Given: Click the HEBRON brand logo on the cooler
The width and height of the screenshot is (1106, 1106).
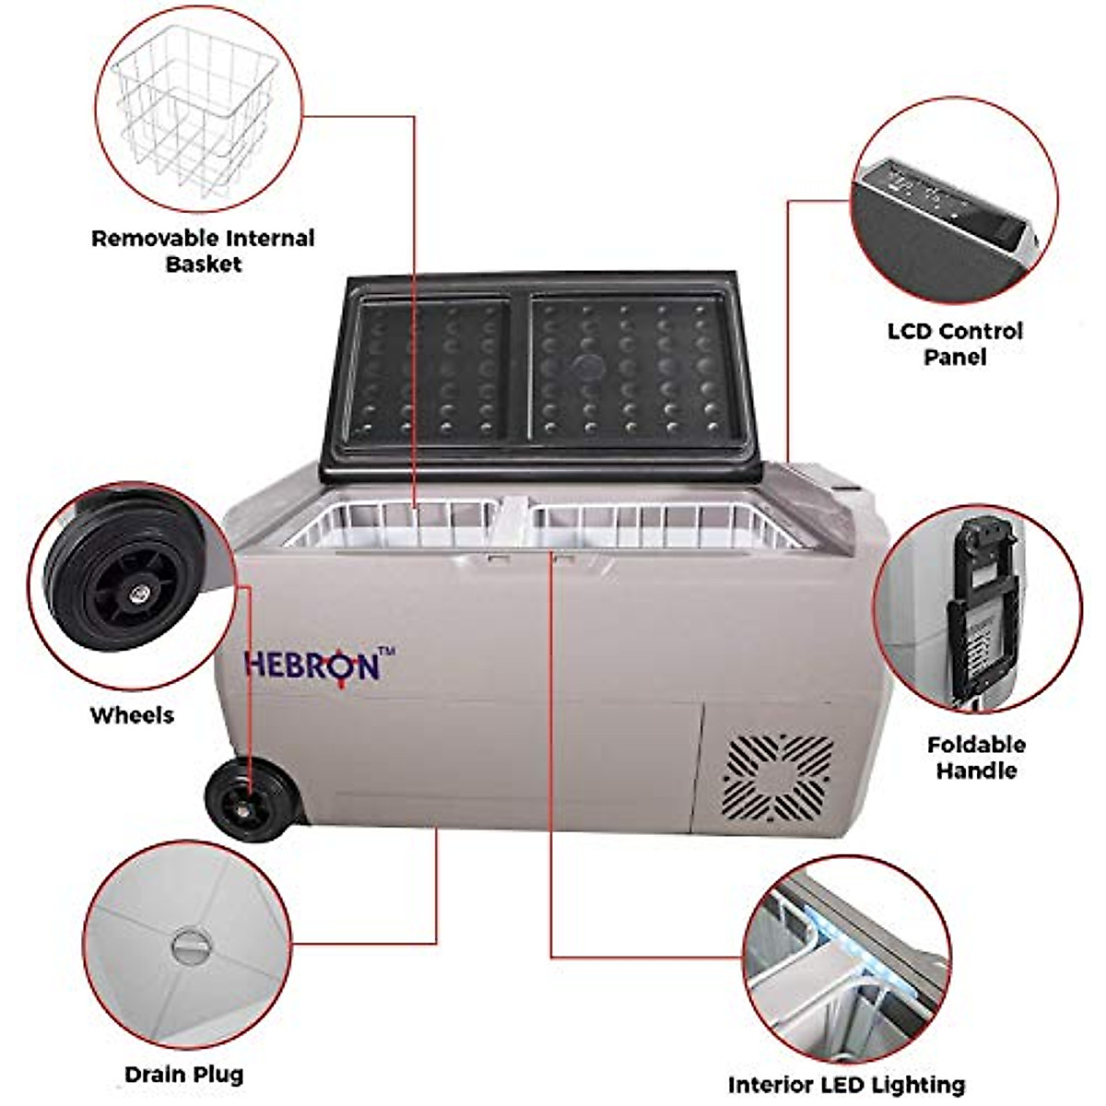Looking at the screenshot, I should point(312,665).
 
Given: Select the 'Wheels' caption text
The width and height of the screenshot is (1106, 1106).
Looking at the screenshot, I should point(132,715).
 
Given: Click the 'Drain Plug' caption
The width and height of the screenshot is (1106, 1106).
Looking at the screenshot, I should point(184,1048).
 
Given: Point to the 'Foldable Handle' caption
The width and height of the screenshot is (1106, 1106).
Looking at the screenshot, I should point(976,758).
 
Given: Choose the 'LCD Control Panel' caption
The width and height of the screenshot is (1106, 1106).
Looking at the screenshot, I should point(955,343).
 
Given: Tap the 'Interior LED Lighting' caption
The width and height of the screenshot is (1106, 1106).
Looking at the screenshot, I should point(846,1085).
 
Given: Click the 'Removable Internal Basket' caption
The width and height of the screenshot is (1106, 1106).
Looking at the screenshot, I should point(203,251).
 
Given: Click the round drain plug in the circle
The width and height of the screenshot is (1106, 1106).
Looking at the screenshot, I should point(190,947).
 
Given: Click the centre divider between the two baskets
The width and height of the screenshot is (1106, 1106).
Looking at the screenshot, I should point(513,525).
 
